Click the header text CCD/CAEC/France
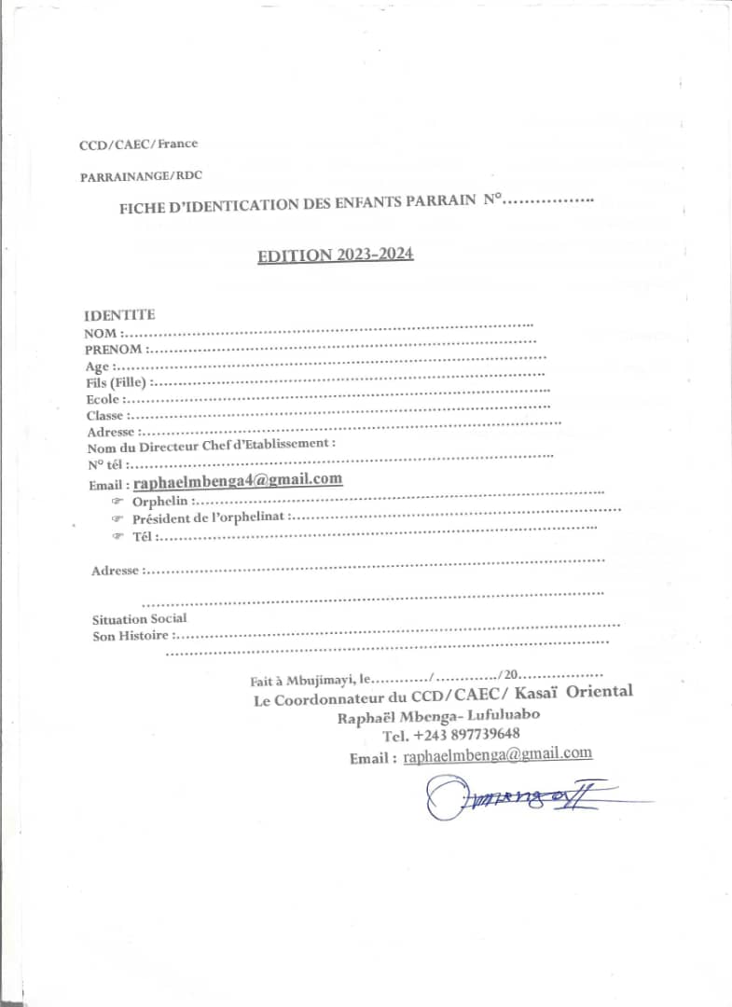(x=138, y=144)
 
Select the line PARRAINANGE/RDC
(x=141, y=175)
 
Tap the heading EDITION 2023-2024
(x=336, y=255)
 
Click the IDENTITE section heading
(x=119, y=315)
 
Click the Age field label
(x=97, y=366)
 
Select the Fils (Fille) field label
(x=117, y=382)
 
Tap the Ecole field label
(x=103, y=399)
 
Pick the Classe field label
(x=105, y=416)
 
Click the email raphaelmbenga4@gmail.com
(x=238, y=480)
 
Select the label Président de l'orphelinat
(x=211, y=517)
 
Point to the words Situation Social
(x=139, y=618)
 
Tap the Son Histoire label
(x=131, y=636)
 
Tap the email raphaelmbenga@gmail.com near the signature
(x=498, y=755)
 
